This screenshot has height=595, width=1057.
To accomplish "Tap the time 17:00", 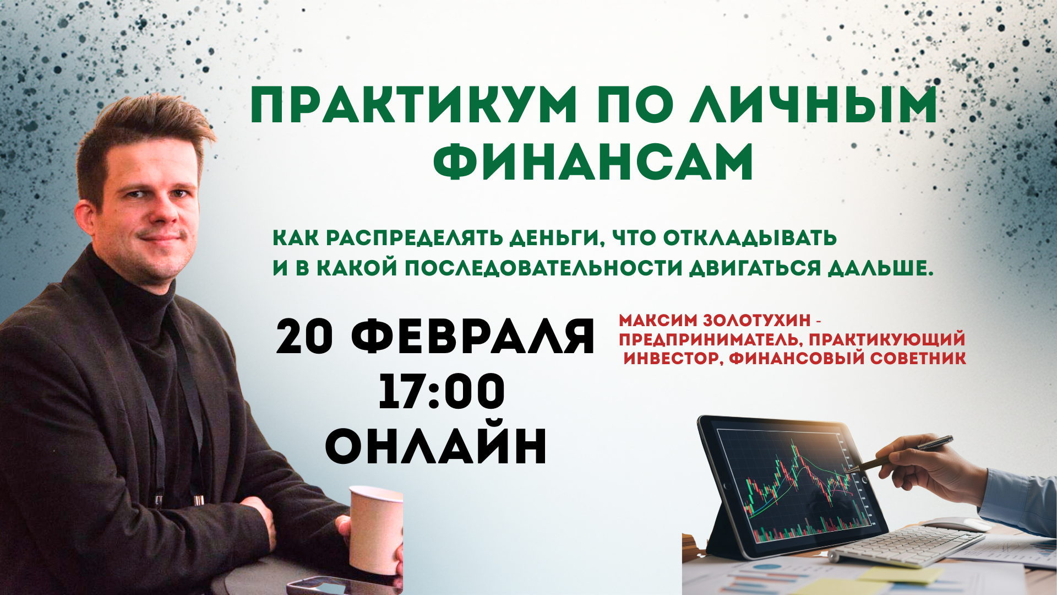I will [x=442, y=391].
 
